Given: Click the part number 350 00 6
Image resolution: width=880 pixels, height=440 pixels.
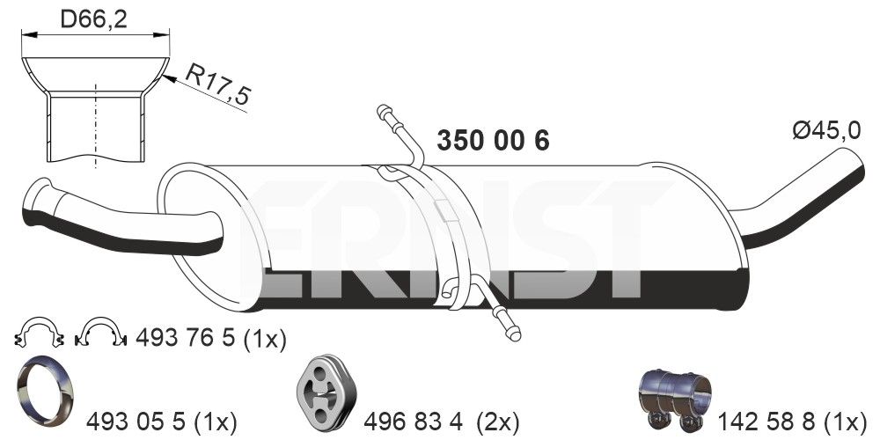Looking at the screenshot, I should point(493,142).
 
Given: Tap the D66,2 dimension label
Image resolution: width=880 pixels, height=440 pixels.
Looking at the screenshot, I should point(94,19).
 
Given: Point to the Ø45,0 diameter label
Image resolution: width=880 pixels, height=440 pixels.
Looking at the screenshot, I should point(825,131).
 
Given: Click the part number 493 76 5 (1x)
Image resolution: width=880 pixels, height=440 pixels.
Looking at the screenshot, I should point(209,337).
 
